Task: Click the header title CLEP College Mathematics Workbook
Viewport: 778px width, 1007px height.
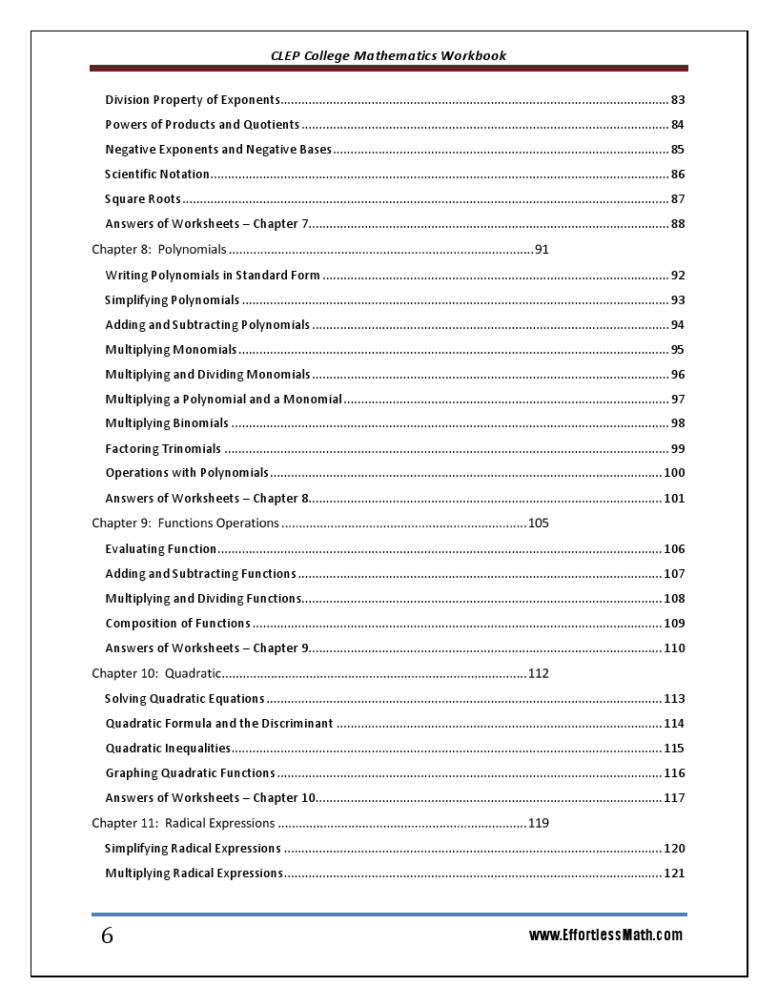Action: (388, 55)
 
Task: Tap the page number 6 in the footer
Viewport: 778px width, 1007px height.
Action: (107, 936)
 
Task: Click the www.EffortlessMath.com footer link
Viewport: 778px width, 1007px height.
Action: (605, 935)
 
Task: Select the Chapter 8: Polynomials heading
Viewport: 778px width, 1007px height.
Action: (159, 250)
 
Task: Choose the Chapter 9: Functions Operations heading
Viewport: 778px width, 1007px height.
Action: (185, 524)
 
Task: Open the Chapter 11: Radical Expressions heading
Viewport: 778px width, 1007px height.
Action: (183, 823)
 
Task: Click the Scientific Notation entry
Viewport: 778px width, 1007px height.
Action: (157, 175)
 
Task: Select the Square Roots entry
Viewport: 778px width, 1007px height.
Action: (143, 199)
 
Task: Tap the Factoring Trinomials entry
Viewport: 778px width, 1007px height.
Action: (163, 449)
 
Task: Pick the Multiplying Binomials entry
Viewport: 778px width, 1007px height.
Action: (167, 423)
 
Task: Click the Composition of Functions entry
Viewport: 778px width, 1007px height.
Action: (178, 624)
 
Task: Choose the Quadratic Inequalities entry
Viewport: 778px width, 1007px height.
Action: (168, 749)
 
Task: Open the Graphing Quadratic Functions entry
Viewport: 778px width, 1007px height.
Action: (190, 773)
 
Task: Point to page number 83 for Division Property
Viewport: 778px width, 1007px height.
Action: (678, 100)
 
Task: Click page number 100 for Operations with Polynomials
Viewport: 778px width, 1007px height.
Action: (674, 473)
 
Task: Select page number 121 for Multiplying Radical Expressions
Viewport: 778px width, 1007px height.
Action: (674, 873)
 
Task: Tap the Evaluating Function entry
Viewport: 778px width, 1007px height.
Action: (161, 549)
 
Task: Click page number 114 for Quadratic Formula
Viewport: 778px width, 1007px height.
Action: (674, 724)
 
